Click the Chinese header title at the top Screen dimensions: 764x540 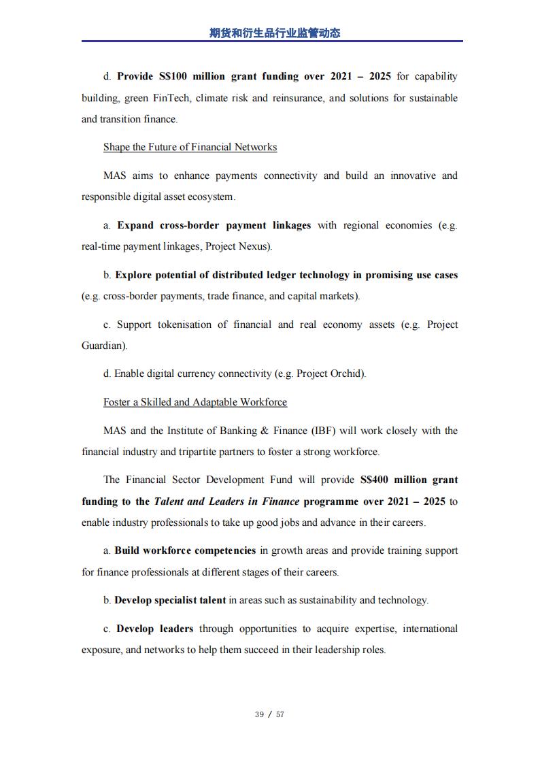275,33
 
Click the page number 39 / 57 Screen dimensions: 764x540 269,714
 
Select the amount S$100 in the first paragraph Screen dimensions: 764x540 172,76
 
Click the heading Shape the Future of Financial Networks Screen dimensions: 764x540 190,147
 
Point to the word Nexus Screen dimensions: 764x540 254,246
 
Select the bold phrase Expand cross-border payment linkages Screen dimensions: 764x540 214,225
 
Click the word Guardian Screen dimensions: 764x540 103,346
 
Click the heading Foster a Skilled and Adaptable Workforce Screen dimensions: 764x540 195,402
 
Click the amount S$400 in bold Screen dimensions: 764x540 374,480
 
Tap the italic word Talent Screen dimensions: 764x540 169,501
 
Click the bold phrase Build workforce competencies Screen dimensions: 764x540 185,550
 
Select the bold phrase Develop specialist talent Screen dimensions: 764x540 170,600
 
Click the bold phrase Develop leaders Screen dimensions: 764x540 155,629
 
